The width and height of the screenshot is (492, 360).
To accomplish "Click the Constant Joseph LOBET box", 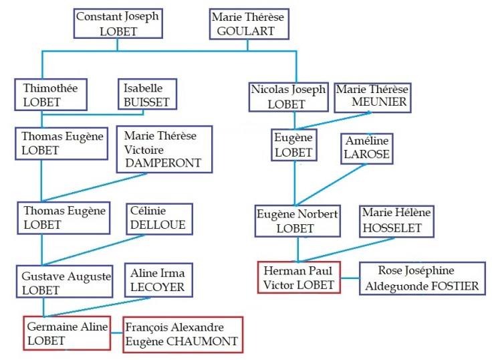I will pos(117,23).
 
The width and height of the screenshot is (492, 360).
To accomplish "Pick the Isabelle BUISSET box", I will pos(146,94).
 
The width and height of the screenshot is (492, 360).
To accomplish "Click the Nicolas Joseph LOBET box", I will pos(289,96).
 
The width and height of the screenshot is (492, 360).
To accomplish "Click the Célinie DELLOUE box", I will pos(158,218).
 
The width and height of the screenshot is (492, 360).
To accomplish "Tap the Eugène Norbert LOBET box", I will pos(297,221).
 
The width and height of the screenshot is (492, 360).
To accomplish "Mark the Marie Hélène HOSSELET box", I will pos(396,221).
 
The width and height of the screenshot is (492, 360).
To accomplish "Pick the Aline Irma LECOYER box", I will pos(158,280).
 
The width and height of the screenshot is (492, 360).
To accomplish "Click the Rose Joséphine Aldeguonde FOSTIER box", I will pos(422,278).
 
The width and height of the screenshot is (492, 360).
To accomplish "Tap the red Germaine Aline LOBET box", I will pos(67,333).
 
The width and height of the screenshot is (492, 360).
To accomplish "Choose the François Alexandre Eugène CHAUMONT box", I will pos(182,335).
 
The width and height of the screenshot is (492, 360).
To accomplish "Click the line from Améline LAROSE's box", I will pos(331,184).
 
